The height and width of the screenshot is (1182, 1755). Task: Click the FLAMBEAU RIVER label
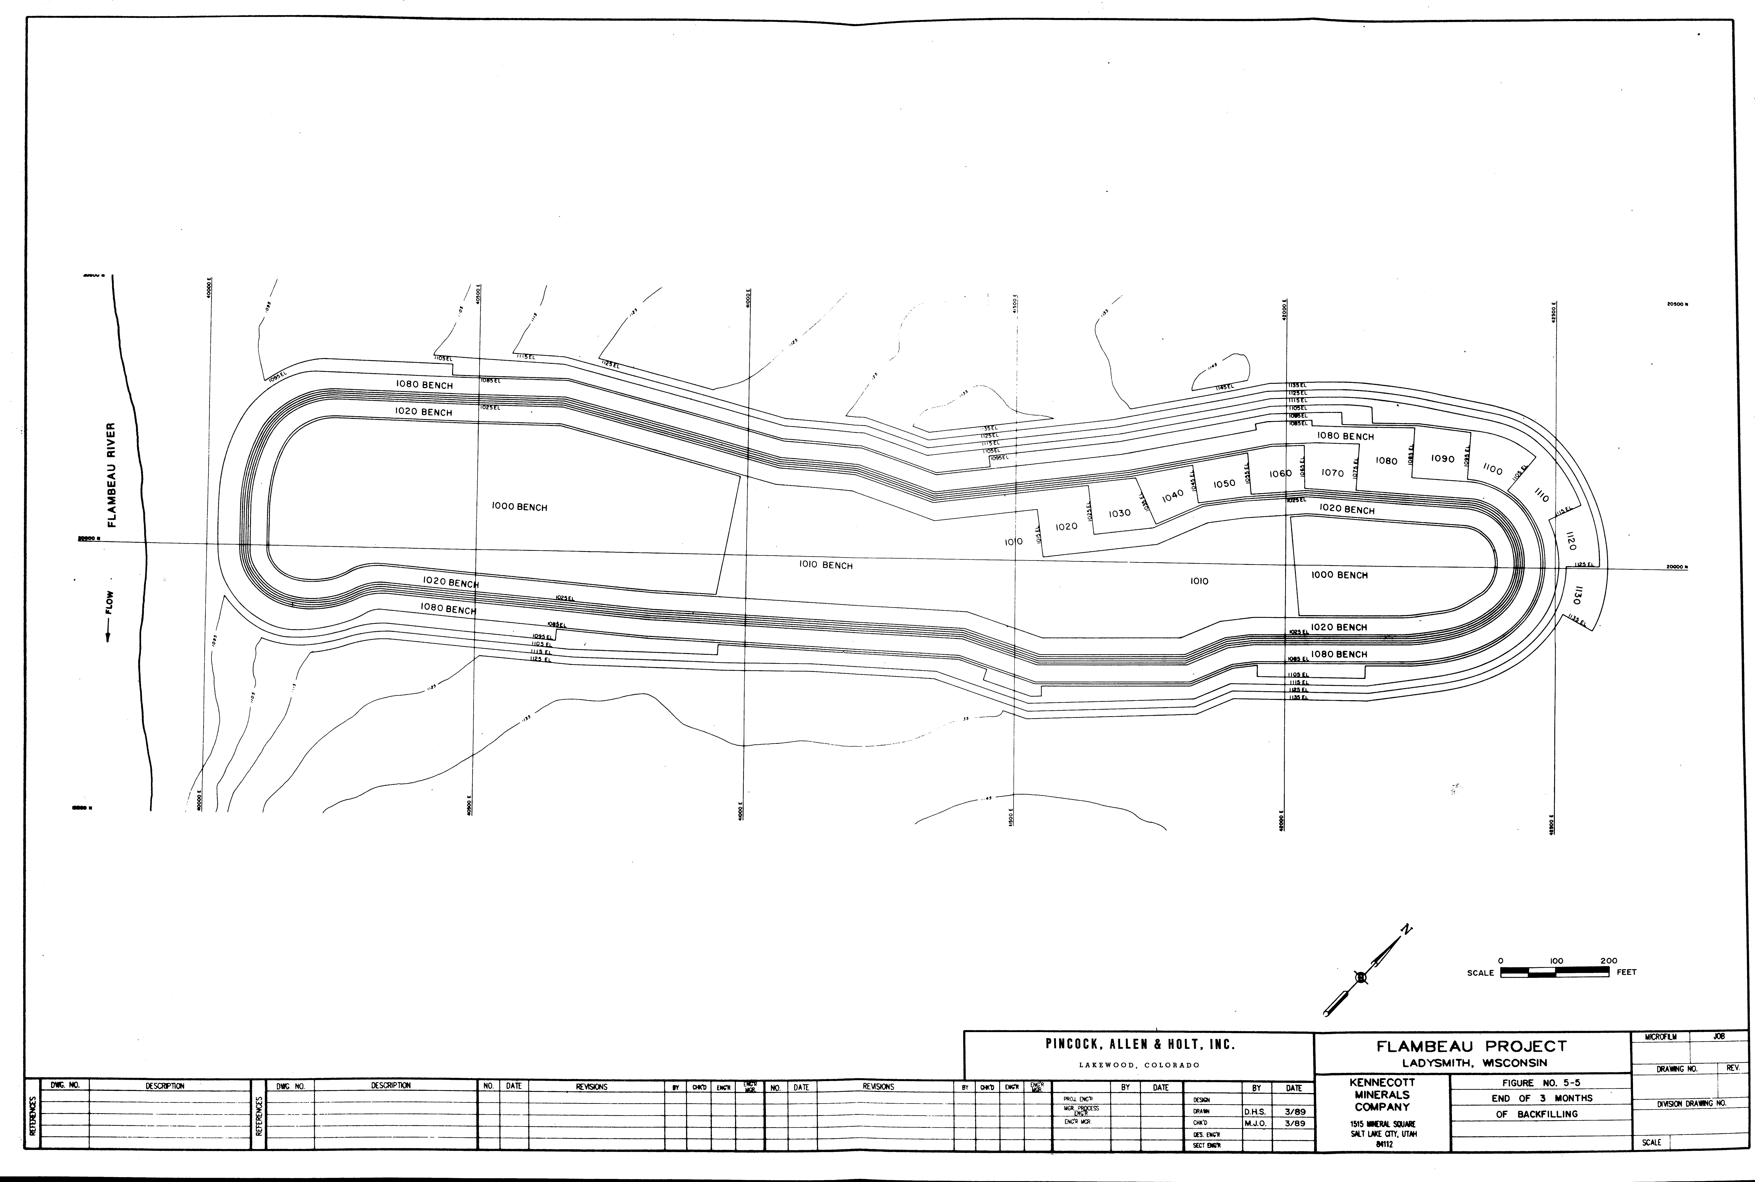[112, 475]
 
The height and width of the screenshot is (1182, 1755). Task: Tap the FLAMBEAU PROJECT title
[1472, 1046]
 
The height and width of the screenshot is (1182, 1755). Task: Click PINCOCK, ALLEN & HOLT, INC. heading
[1139, 1045]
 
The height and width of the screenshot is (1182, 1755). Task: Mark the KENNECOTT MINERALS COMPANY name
[1382, 1095]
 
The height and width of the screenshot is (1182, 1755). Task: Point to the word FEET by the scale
[1626, 972]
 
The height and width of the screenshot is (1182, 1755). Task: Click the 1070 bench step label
[1332, 473]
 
